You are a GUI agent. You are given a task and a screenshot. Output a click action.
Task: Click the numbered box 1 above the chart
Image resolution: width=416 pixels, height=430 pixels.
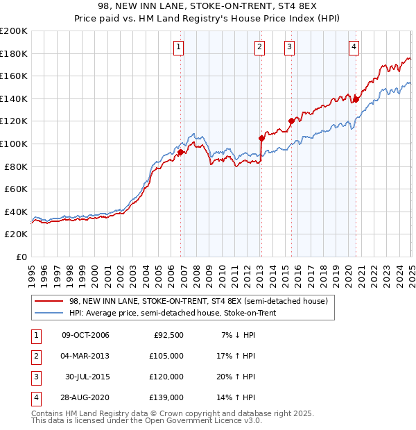point(179,47)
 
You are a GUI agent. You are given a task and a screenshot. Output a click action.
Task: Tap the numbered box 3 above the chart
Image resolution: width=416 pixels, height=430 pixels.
point(289,47)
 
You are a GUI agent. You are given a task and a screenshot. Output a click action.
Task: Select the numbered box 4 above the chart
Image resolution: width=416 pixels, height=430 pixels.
point(354,47)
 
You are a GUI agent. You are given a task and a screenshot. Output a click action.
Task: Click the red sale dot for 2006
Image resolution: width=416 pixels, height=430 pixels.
point(180,152)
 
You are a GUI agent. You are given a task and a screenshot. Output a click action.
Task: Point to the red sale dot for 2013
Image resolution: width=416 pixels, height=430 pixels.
point(261,138)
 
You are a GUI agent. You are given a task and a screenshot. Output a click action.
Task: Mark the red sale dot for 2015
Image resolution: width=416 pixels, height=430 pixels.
point(291,121)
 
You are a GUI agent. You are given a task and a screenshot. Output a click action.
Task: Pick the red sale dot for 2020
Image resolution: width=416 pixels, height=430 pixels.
point(356,99)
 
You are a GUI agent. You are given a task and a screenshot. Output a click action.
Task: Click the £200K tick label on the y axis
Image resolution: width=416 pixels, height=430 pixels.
point(15,31)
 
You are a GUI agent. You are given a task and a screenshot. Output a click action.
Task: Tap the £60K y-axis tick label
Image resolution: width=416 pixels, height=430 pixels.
point(17,189)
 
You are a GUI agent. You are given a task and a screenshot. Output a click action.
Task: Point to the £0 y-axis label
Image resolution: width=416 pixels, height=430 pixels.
point(22,257)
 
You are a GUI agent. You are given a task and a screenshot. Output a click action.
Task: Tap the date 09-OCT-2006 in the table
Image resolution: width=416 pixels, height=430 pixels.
point(85,335)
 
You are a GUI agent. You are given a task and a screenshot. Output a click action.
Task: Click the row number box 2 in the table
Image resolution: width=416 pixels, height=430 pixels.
point(34,356)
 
